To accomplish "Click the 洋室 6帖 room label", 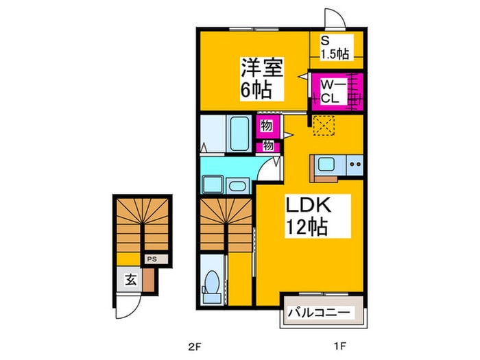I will [x=254, y=78].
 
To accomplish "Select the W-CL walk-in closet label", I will [x=331, y=91].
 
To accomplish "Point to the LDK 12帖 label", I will [x=305, y=216].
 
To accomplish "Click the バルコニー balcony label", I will [x=320, y=313].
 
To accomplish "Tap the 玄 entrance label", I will [x=129, y=279].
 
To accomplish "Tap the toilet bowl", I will [x=213, y=287].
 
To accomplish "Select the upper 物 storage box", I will [x=265, y=126].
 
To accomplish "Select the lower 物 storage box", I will [x=267, y=145].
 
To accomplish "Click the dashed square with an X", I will [x=323, y=125].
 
